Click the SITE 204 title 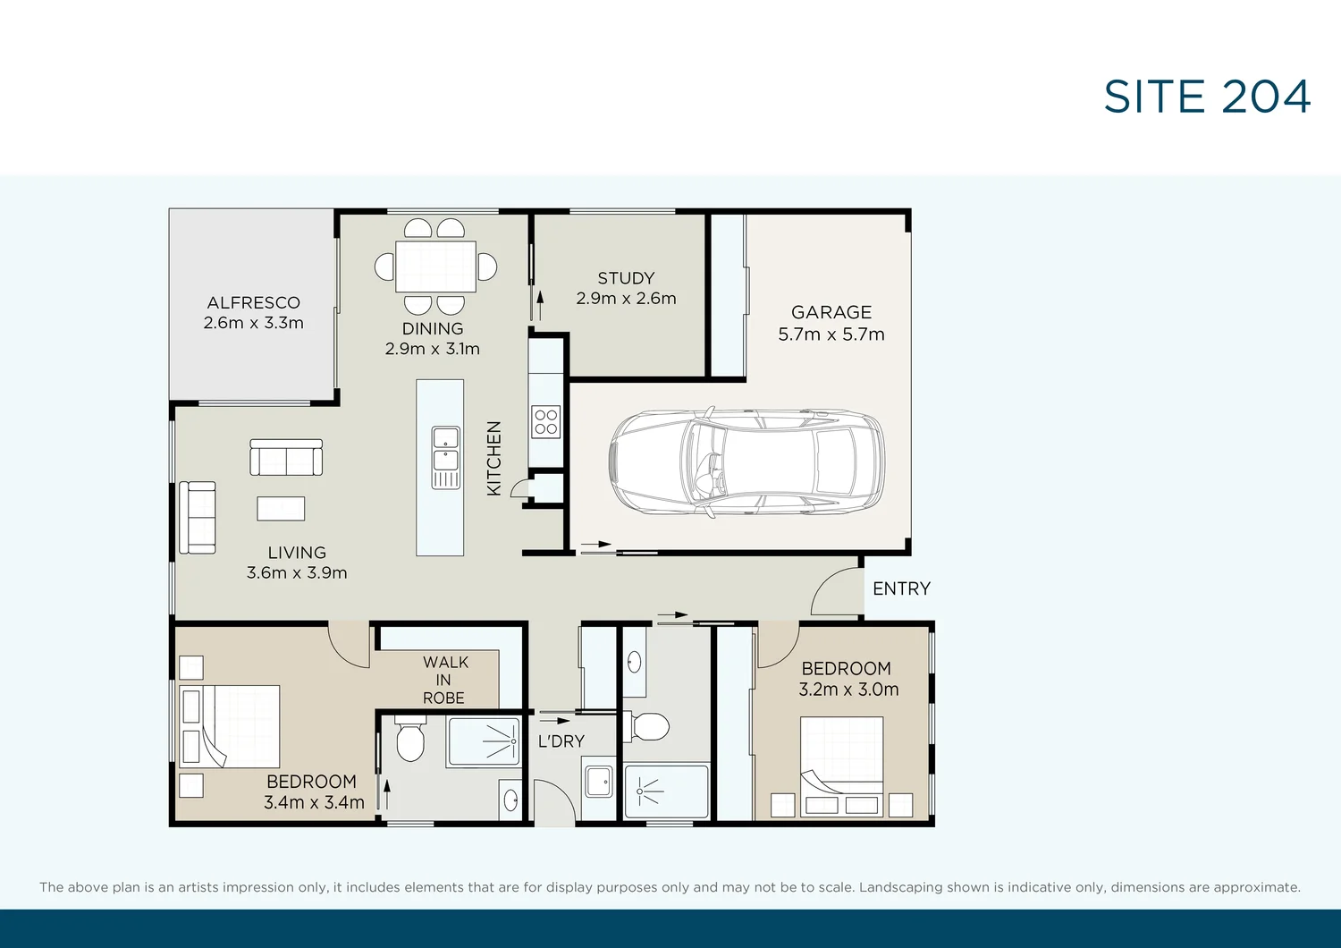tap(1206, 97)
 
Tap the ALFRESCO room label tap(253, 303)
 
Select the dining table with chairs tap(435, 266)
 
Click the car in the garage tap(746, 461)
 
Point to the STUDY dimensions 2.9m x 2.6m tap(626, 299)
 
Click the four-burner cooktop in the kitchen tap(545, 421)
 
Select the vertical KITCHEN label tap(493, 458)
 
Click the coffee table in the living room tap(281, 508)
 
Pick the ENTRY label tap(901, 588)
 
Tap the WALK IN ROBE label tap(444, 680)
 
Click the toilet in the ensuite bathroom tap(409, 741)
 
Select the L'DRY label tap(561, 741)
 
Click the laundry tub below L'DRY tap(598, 782)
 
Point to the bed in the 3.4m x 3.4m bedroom tap(230, 726)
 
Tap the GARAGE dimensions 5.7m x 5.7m tap(831, 334)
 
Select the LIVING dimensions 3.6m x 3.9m tap(297, 573)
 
